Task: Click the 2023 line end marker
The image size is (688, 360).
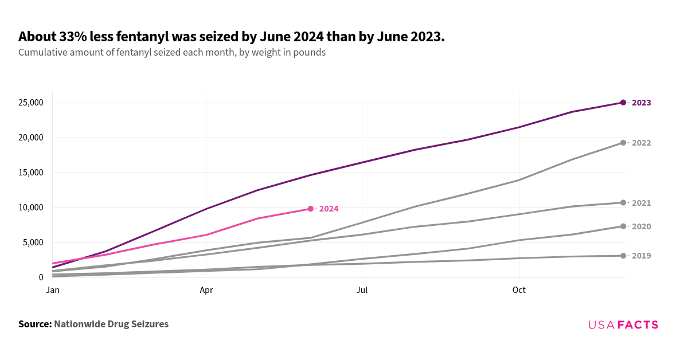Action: coord(623,103)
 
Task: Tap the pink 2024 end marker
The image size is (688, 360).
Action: coord(311,209)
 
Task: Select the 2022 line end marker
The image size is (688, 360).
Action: coord(623,143)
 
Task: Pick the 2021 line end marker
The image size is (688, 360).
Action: coord(623,202)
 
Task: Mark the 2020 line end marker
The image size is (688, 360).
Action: coord(623,226)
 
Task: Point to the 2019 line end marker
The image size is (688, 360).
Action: coord(623,256)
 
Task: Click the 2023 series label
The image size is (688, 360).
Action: coord(641,103)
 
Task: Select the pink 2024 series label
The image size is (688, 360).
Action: coord(329,209)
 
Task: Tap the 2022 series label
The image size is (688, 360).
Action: coord(641,143)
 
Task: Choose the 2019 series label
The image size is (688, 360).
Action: coord(641,256)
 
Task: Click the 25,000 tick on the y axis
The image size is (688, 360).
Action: coord(30,103)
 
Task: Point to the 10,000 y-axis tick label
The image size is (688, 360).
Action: coord(30,208)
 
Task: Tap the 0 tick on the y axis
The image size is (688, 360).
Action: coord(41,277)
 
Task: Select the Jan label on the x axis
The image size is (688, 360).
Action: coord(53,291)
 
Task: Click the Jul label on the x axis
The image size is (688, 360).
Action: coord(362,291)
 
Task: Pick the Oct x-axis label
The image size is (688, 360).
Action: coord(519,291)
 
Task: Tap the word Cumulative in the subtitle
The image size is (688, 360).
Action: coord(43,53)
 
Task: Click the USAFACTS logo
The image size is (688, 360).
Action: coord(623,325)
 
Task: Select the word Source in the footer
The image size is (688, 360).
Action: coord(34,324)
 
